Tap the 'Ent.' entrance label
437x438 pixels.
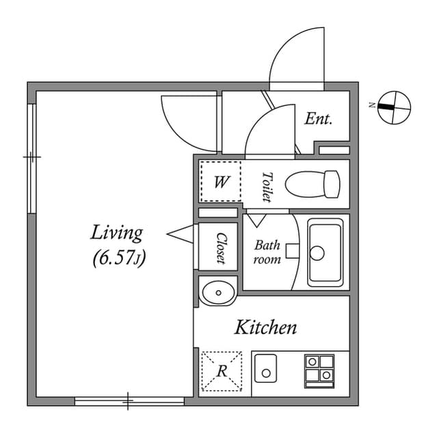[318, 119]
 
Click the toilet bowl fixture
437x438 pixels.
[313, 183]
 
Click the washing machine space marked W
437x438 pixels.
[220, 182]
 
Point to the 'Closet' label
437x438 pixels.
[221, 248]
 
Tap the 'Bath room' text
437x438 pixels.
[267, 252]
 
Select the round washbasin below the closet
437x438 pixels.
[218, 293]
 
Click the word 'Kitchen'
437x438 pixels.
[266, 328]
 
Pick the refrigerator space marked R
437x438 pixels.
[222, 371]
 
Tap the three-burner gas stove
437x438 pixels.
[319, 369]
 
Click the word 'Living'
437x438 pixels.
[117, 233]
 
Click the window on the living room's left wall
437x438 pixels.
[31, 157]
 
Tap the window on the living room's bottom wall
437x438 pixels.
[129, 400]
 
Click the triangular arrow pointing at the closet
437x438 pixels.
[181, 235]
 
